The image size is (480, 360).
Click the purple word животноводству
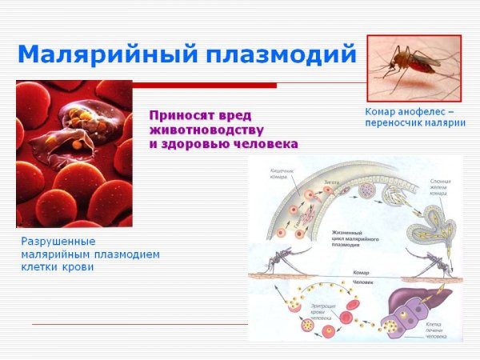pos(207,129)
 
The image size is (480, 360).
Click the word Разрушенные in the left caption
pos(58,241)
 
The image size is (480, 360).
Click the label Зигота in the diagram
pos(331,183)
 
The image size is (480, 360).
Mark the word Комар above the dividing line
pos(361,272)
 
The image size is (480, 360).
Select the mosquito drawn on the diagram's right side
pos(431,261)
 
